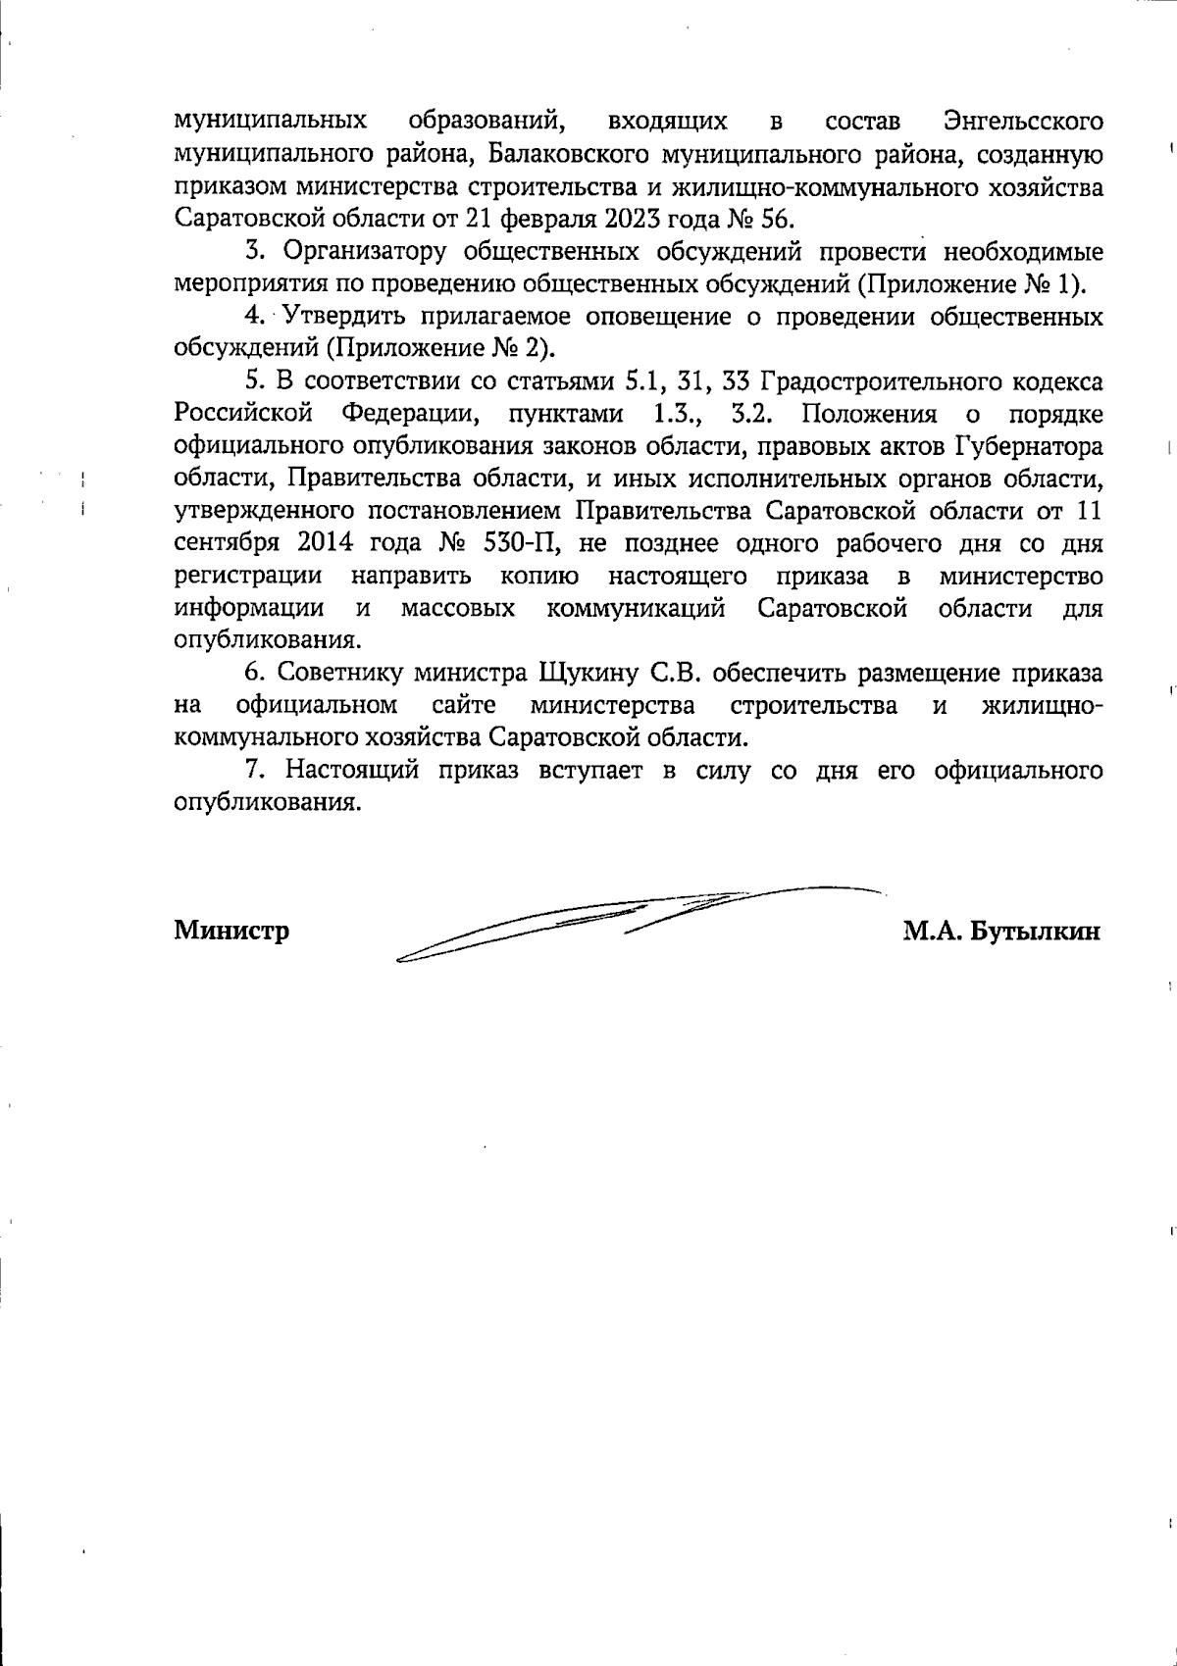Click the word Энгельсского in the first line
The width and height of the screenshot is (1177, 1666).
point(1022,123)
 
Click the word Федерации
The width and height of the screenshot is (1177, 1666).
point(408,413)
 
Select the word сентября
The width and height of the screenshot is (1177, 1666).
point(223,543)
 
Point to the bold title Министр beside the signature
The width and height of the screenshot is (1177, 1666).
point(231,930)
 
